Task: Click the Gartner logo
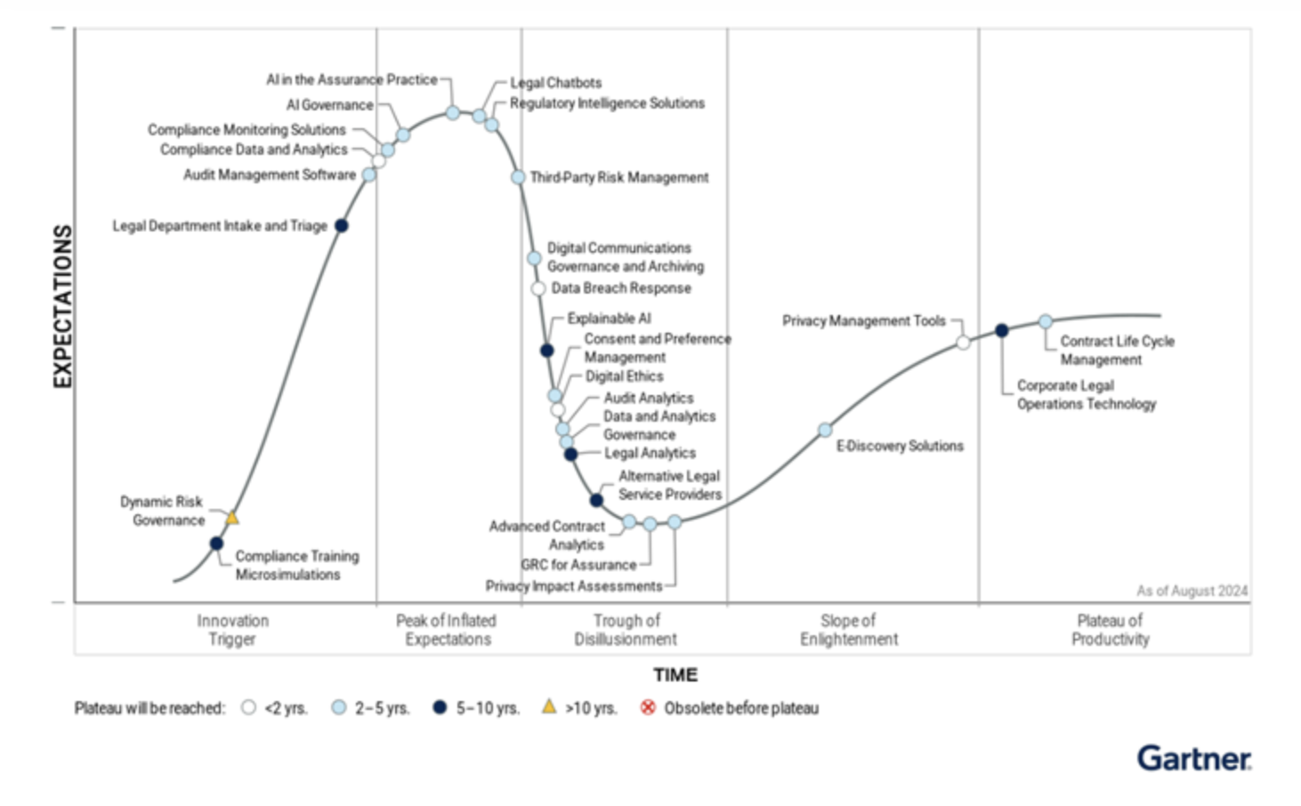tap(1193, 759)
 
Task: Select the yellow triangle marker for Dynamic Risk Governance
tap(232, 518)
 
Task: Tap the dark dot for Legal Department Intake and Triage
tap(341, 226)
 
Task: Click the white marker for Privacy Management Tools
tap(963, 343)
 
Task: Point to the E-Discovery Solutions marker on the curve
tap(825, 431)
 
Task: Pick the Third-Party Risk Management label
tap(619, 178)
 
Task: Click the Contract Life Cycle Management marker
tap(1046, 321)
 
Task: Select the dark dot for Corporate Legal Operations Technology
tap(1001, 330)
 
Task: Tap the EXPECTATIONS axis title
tap(62, 306)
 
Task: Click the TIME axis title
tap(675, 675)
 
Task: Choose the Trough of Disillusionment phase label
tap(626, 630)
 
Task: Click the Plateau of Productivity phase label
tap(1110, 630)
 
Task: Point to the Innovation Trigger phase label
tap(232, 630)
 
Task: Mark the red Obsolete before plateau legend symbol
tap(648, 707)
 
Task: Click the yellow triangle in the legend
tap(549, 706)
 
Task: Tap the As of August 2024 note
tap(1192, 591)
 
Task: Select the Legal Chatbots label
tap(556, 83)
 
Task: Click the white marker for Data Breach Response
tap(537, 288)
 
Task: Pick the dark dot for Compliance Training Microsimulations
tap(216, 544)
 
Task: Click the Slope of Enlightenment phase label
tap(848, 630)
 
